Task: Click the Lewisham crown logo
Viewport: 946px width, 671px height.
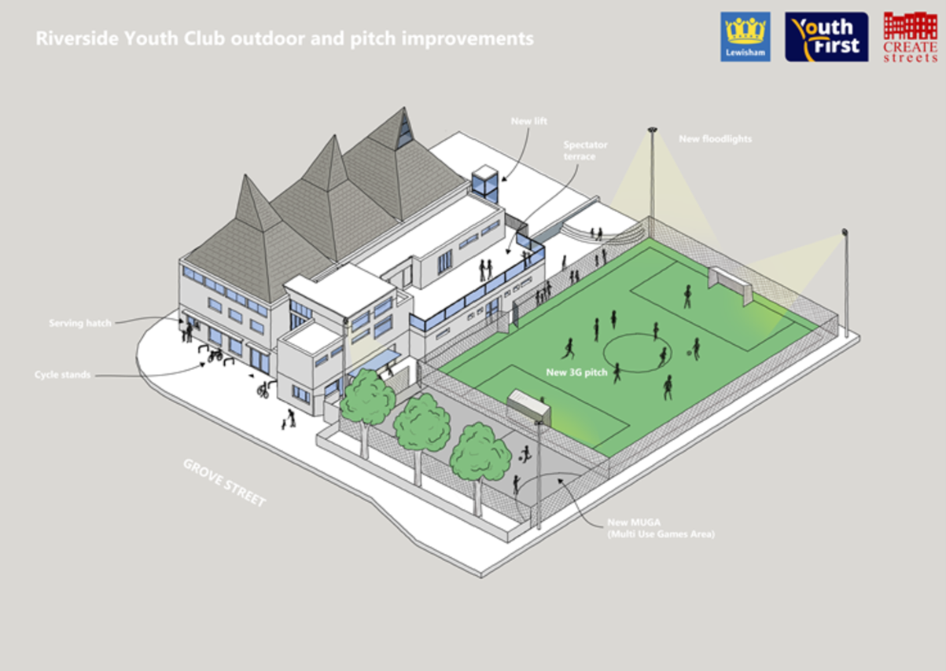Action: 745,37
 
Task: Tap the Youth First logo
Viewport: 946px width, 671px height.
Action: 826,37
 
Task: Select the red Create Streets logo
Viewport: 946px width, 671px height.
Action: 910,37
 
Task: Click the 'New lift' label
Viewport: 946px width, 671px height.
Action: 528,121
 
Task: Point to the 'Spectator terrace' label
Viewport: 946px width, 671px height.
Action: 585,151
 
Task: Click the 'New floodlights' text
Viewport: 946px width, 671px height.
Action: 715,139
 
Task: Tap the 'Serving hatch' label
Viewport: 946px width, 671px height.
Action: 80,323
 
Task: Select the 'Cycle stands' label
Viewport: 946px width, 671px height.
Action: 62,375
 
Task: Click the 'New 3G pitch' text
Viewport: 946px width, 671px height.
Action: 576,372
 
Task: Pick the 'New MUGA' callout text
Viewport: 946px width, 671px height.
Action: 661,528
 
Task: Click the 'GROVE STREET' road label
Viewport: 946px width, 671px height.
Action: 225,482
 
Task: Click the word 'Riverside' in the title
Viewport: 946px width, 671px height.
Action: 77,38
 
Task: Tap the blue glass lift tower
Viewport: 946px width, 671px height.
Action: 485,184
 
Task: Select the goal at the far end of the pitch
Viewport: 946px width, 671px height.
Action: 731,286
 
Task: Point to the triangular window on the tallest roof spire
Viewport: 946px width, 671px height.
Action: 404,131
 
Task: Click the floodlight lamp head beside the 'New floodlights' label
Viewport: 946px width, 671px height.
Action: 652,130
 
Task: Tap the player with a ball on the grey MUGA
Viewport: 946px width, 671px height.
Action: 526,454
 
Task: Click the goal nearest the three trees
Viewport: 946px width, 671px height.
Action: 528,407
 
